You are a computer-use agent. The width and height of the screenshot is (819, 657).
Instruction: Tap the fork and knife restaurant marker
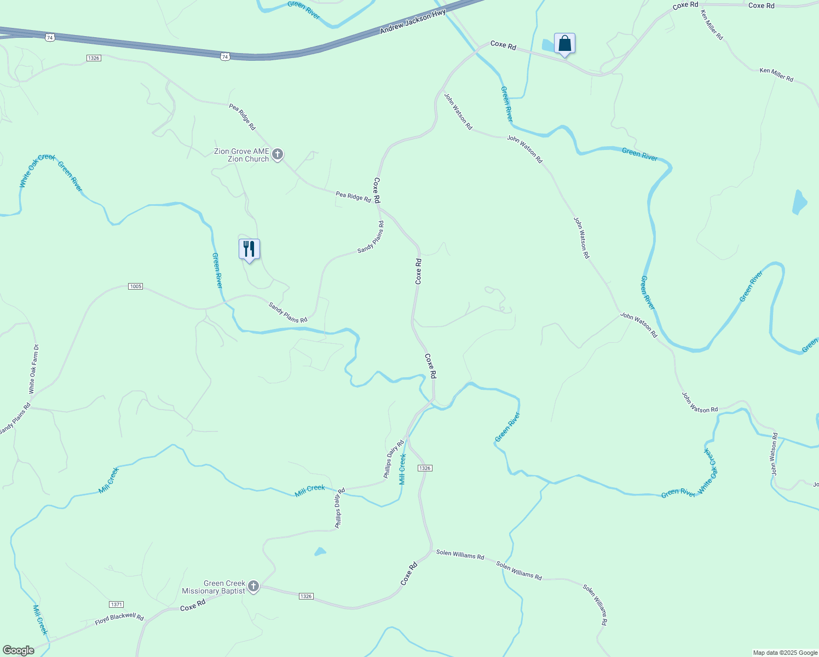point(249,250)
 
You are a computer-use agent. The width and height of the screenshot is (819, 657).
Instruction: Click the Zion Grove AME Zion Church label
point(241,155)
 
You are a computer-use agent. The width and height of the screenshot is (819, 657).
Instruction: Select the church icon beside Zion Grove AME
point(278,155)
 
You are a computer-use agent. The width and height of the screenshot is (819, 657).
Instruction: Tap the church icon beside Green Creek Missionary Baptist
point(253,587)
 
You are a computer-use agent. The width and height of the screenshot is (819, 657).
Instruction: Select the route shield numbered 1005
point(135,286)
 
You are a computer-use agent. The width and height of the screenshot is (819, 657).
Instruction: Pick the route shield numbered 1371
point(116,604)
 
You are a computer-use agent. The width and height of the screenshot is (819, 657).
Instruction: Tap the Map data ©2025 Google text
point(785,653)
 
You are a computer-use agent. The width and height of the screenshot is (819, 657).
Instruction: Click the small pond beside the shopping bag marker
point(548,45)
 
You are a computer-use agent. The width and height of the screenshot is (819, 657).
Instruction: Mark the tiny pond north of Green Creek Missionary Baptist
point(320,551)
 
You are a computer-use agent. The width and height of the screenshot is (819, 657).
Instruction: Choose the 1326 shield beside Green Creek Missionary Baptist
point(306,596)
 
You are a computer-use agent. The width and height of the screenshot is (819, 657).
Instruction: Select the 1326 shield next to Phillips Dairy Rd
point(425,468)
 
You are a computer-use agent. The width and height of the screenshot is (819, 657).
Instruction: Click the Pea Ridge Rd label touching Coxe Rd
point(353,197)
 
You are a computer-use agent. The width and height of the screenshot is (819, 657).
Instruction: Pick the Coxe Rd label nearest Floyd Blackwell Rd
point(193,605)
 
